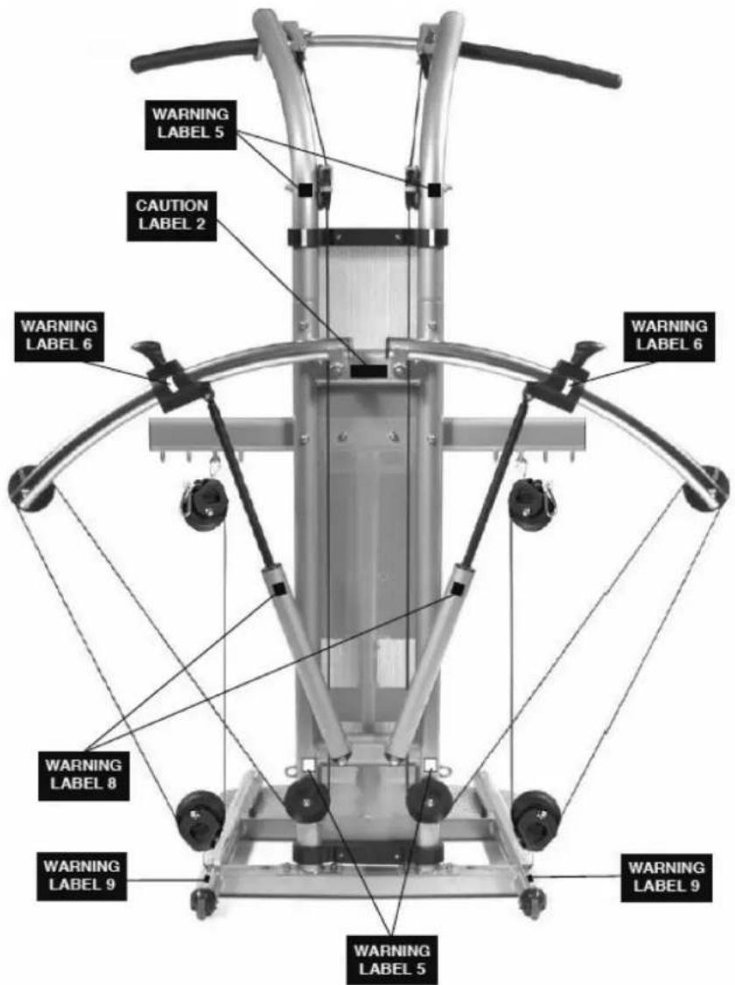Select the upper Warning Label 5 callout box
191,124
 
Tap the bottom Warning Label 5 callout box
391,960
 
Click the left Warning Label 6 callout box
59,336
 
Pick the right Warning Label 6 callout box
669,336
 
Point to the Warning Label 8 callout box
83,775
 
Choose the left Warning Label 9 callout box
81,877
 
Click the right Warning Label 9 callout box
667,877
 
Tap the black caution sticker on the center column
368,371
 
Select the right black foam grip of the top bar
542,64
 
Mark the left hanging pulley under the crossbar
204,503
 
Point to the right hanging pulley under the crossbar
532,503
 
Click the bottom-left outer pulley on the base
200,821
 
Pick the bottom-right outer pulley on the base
535,821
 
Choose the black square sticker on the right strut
458,589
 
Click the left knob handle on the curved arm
149,349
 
